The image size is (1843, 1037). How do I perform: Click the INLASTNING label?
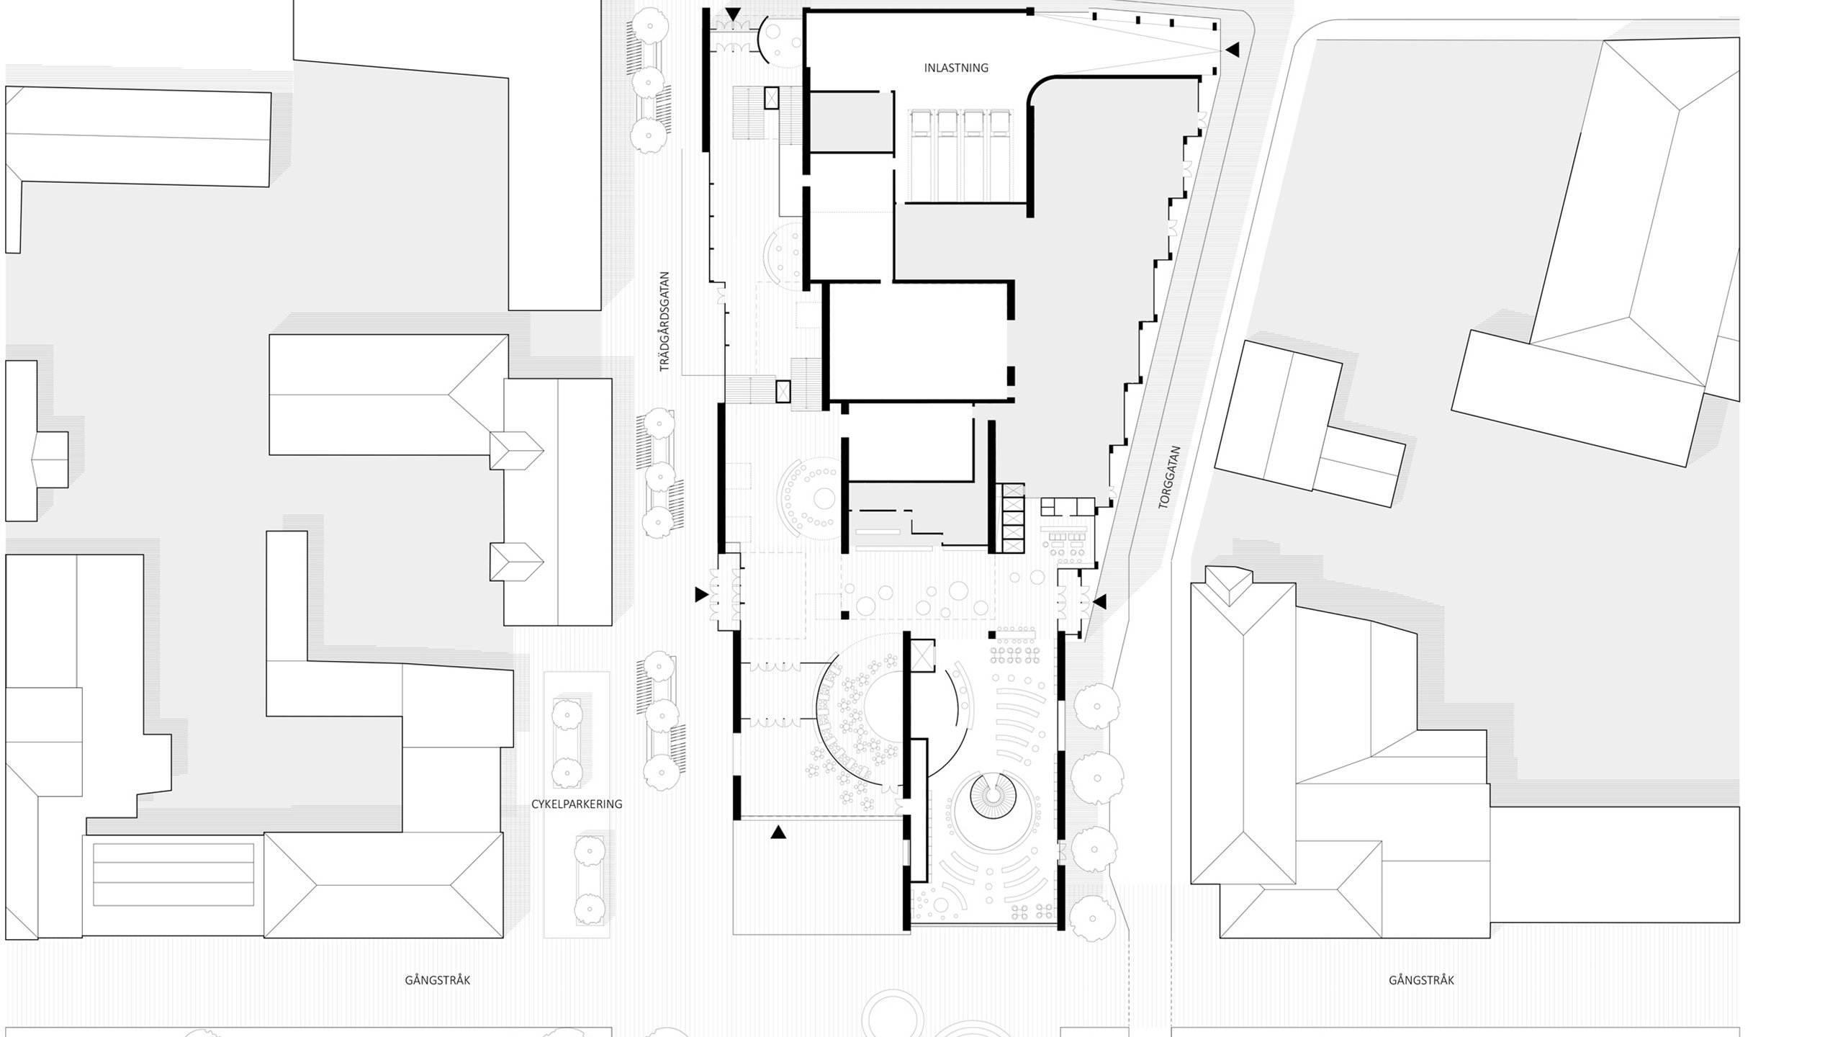click(x=956, y=68)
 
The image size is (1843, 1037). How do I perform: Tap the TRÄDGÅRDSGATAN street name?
click(x=664, y=321)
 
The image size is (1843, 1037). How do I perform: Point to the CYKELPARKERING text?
click(x=577, y=804)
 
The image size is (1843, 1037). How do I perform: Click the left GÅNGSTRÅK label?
click(x=438, y=980)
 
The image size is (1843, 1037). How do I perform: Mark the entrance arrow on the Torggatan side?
click(x=1100, y=601)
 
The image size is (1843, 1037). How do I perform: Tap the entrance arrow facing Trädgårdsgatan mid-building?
click(x=700, y=595)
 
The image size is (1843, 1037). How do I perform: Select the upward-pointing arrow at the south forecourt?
click(x=778, y=832)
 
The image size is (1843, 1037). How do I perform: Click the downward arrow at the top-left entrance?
click(x=733, y=14)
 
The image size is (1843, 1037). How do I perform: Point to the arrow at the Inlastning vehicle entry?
click(x=1232, y=50)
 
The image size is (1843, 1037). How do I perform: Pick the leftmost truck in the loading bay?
click(x=920, y=155)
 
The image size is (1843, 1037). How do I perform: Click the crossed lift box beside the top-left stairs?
click(x=771, y=98)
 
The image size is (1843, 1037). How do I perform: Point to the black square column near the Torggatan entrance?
click(x=992, y=634)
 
